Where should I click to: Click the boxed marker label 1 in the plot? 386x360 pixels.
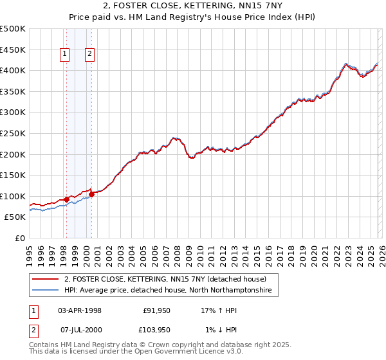[x=66, y=55]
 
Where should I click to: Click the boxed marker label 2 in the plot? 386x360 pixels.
[x=89, y=55]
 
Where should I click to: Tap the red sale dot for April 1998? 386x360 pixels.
[x=66, y=199]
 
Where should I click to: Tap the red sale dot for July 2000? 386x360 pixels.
[x=91, y=194]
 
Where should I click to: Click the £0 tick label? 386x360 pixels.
[x=19, y=238]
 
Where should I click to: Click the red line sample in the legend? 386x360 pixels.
[x=45, y=280]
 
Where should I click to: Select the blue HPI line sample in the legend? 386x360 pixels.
[x=45, y=291]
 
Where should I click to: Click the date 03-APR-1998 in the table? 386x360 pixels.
[x=80, y=310]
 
